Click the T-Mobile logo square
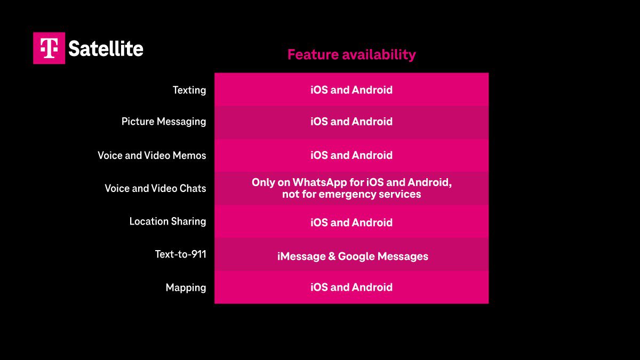[x=49, y=48]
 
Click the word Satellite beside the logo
[x=106, y=49]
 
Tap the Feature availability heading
[x=351, y=54]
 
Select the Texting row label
[x=189, y=90]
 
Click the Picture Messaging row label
[x=164, y=122]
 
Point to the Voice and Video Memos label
[x=152, y=155]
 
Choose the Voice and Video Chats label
[x=155, y=188]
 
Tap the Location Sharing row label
[x=167, y=221]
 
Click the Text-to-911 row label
[x=180, y=254]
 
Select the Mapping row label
[x=186, y=287]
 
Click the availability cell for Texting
[x=351, y=90]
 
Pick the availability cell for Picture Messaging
[x=351, y=122]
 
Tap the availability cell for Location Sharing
[x=351, y=222]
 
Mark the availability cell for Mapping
[x=351, y=287]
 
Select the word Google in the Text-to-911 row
[x=356, y=257]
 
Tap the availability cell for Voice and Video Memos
[x=351, y=155]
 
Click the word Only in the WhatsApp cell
[x=263, y=182]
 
